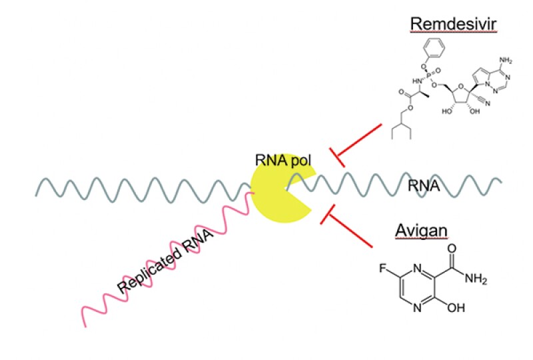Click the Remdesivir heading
pyautogui.click(x=446, y=24)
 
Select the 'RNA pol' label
pyautogui.click(x=278, y=159)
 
